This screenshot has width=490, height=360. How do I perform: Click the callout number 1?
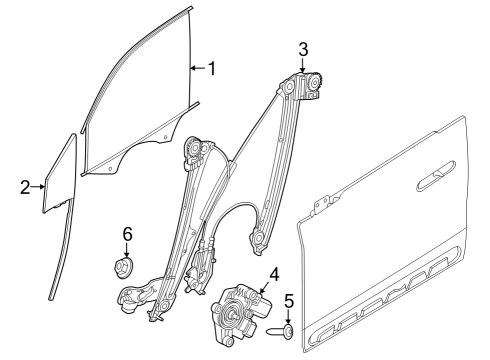click(x=211, y=68)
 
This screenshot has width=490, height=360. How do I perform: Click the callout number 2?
click(x=25, y=186)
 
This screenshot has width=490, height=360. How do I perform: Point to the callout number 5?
click(x=289, y=300)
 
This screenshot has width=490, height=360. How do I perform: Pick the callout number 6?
click(x=127, y=234)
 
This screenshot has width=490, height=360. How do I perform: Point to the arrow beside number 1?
click(x=197, y=68)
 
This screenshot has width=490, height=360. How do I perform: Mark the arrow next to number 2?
click(x=39, y=186)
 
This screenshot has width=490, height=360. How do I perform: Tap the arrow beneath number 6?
click(x=127, y=250)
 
